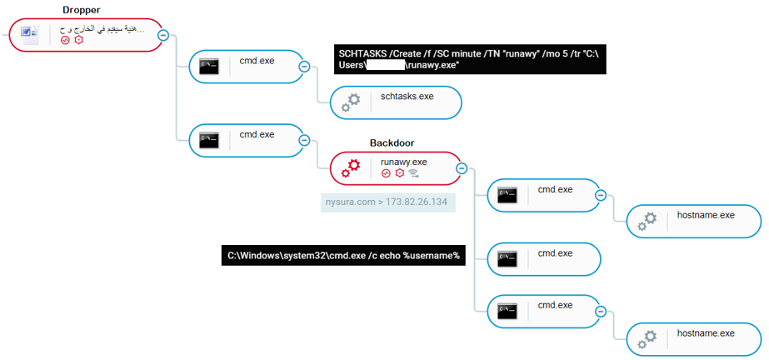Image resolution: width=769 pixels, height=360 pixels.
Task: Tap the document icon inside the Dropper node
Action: [30, 34]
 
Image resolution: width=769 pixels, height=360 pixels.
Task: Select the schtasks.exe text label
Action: [407, 96]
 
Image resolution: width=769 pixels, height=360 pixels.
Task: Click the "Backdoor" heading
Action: [392, 143]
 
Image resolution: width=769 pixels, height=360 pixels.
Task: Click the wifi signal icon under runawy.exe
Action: [412, 174]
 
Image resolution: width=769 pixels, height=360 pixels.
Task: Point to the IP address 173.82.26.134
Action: [418, 202]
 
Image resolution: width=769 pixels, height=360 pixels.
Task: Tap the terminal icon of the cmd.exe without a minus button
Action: [507, 259]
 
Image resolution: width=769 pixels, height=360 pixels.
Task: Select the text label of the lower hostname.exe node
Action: [706, 332]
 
